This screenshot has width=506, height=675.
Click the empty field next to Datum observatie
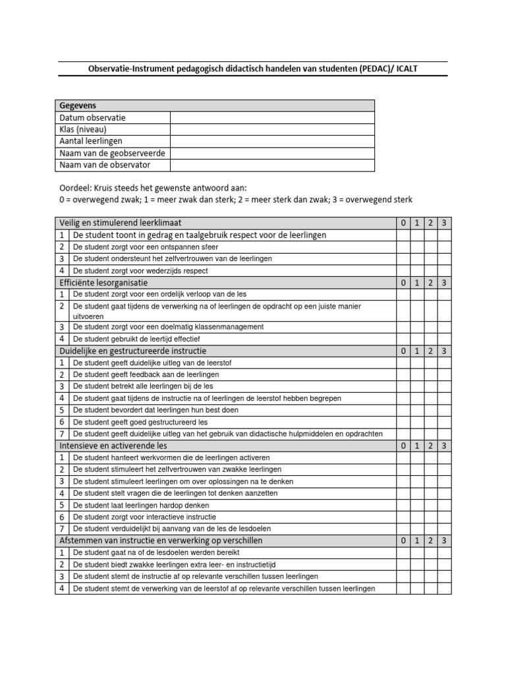pyautogui.click(x=272, y=118)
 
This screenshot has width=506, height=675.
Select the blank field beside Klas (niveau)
pyautogui.click(x=272, y=130)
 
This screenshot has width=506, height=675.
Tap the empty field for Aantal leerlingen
pyautogui.click(x=272, y=141)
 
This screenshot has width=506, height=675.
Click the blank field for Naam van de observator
pyautogui.click(x=272, y=165)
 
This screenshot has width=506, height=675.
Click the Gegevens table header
pyautogui.click(x=78, y=106)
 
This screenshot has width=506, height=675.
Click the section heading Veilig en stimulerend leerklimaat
pyautogui.click(x=121, y=223)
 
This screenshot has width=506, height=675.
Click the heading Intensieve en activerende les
pyautogui.click(x=111, y=446)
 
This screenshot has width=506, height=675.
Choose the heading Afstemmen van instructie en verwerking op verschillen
pyautogui.click(x=161, y=541)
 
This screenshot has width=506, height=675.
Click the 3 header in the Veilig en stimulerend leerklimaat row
pyautogui.click(x=444, y=223)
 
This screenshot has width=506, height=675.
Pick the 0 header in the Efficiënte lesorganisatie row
pyautogui.click(x=403, y=283)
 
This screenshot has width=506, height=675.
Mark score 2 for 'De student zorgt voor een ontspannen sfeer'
pyautogui.click(x=430, y=247)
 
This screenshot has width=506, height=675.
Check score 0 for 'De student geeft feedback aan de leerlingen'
pyautogui.click(x=403, y=375)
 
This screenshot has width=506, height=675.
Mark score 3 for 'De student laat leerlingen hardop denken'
pyautogui.click(x=444, y=506)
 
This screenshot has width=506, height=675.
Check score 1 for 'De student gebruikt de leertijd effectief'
pyautogui.click(x=416, y=339)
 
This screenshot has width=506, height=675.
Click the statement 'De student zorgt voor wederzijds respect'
pyautogui.click(x=140, y=271)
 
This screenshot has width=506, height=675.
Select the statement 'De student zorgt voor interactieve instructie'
pyautogui.click(x=144, y=517)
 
